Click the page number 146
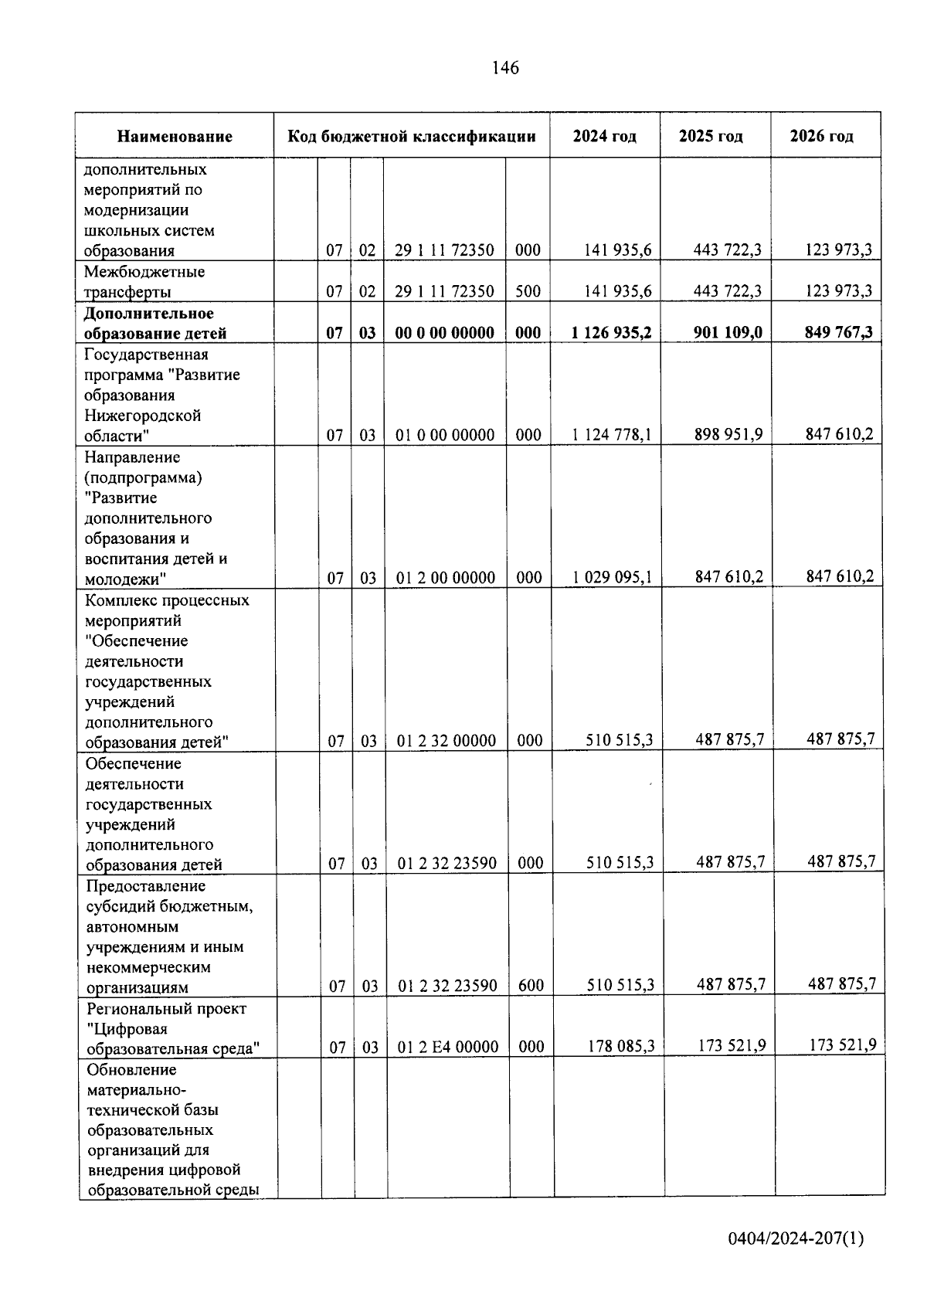pyautogui.click(x=505, y=68)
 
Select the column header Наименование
pyautogui.click(x=175, y=137)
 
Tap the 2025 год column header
pyautogui.click(x=711, y=137)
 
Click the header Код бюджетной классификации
pyautogui.click(x=412, y=137)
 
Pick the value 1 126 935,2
pyautogui.click(x=611, y=332)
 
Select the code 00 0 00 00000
pyautogui.click(x=444, y=333)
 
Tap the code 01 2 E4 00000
pyautogui.click(x=448, y=1047)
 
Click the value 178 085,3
pyautogui.click(x=620, y=1046)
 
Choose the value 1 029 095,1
pyautogui.click(x=612, y=577)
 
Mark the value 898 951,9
pyautogui.click(x=728, y=434)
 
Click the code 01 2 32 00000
pyautogui.click(x=447, y=741)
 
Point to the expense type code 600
pyautogui.click(x=531, y=986)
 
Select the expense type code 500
pyautogui.click(x=528, y=291)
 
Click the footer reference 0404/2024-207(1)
pyautogui.click(x=796, y=1239)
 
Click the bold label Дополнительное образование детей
pyautogui.click(x=154, y=324)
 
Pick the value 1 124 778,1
pyautogui.click(x=611, y=435)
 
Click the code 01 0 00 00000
pyautogui.click(x=445, y=435)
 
